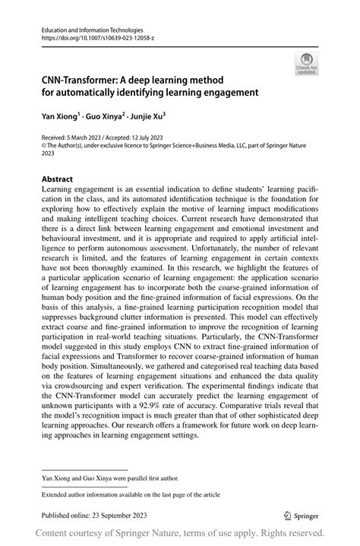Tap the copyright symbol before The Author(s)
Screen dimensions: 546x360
click(x=43, y=147)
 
